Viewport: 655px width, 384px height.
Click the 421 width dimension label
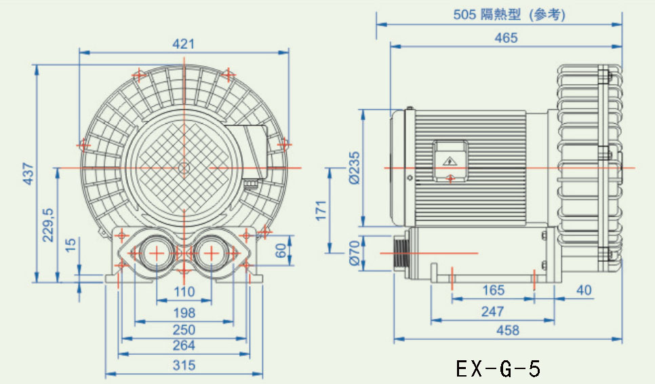[x=183, y=43]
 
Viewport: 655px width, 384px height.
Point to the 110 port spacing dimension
[x=183, y=292]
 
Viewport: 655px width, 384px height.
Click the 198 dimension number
[x=183, y=313]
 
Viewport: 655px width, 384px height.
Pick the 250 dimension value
[x=183, y=330]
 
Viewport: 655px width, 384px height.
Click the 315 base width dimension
[x=183, y=366]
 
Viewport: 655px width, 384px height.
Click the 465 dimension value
[x=506, y=38]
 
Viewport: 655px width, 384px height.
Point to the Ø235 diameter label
[x=354, y=167]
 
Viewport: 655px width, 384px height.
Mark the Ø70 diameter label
[x=354, y=252]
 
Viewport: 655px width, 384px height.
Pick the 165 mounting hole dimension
[x=493, y=290]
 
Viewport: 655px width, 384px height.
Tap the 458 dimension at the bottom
[x=507, y=330]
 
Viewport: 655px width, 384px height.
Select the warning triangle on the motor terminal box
[x=450, y=161]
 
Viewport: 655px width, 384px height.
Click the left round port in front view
[x=157, y=253]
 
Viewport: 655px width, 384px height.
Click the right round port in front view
[x=210, y=253]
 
